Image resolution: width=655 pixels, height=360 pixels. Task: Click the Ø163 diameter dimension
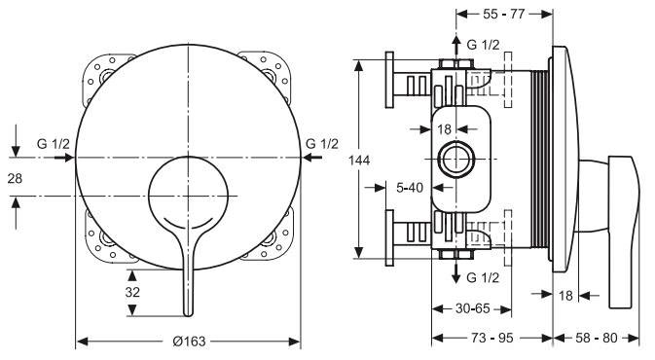click(188, 342)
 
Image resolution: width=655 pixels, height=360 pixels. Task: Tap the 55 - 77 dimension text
click(504, 15)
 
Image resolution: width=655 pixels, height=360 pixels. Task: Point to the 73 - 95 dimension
click(491, 341)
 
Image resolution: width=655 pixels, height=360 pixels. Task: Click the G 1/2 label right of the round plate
click(322, 144)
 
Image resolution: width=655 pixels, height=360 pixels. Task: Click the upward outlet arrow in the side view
click(455, 45)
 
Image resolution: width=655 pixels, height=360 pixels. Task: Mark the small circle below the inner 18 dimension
click(455, 159)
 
